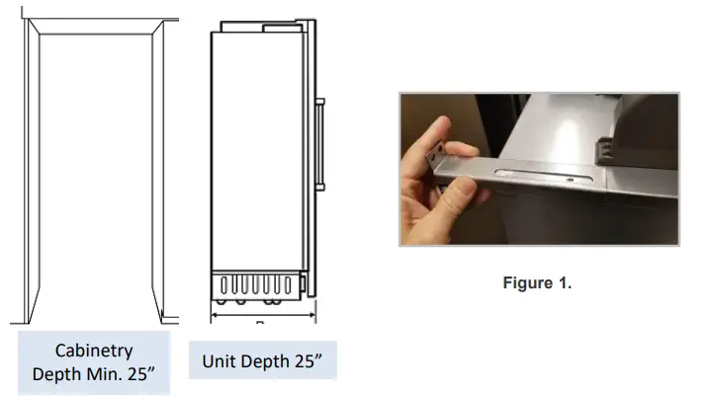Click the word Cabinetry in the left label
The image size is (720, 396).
tap(94, 351)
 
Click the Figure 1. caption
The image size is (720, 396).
tap(538, 283)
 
